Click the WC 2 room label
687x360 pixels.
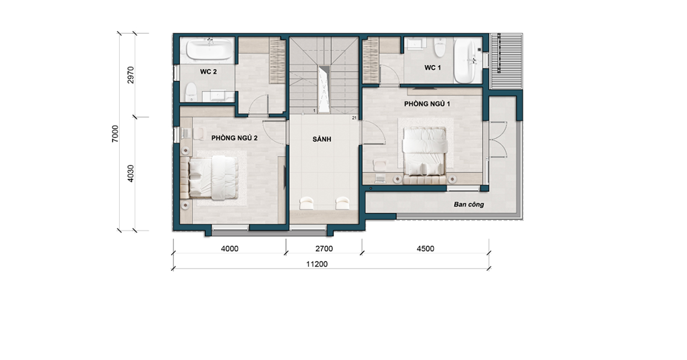click(x=208, y=72)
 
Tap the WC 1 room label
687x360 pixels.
click(x=433, y=68)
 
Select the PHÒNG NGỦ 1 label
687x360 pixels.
click(x=427, y=104)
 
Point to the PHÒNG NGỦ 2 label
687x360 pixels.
click(x=234, y=138)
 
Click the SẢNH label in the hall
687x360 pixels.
click(x=322, y=139)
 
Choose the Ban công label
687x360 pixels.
click(x=469, y=204)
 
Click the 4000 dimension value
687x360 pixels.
click(x=230, y=249)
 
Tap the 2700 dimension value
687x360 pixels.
click(x=324, y=249)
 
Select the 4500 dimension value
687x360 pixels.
click(x=425, y=249)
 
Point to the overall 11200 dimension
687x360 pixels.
click(x=317, y=264)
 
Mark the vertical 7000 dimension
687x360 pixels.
click(x=115, y=133)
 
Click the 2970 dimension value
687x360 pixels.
click(x=131, y=75)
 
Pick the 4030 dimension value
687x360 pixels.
click(x=131, y=173)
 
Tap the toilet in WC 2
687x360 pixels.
click(x=191, y=92)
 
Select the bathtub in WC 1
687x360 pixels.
click(x=464, y=60)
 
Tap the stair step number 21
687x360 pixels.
click(x=354, y=118)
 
